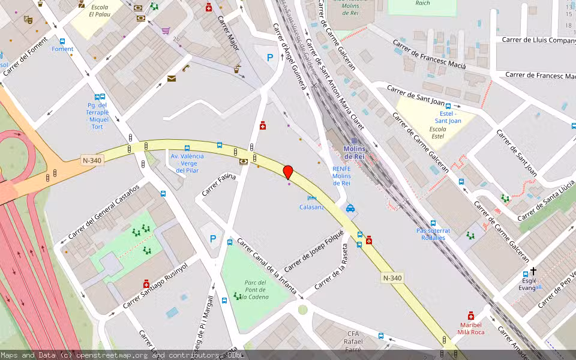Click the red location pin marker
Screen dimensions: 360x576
288,172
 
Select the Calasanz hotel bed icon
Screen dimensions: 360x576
311,198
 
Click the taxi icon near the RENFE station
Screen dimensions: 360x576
350,209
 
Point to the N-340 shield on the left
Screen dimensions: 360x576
91,160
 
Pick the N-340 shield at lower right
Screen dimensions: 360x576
392,278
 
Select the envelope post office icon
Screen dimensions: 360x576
172,79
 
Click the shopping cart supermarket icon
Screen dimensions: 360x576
166,30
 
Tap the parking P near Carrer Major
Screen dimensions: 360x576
270,58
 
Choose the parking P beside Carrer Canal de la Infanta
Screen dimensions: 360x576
213,239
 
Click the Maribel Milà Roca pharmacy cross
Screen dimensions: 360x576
471,316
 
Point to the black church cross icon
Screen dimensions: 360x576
533,271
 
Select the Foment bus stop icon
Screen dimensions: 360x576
62,41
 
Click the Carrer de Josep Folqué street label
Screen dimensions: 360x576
314,250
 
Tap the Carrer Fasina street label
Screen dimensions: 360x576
219,185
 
